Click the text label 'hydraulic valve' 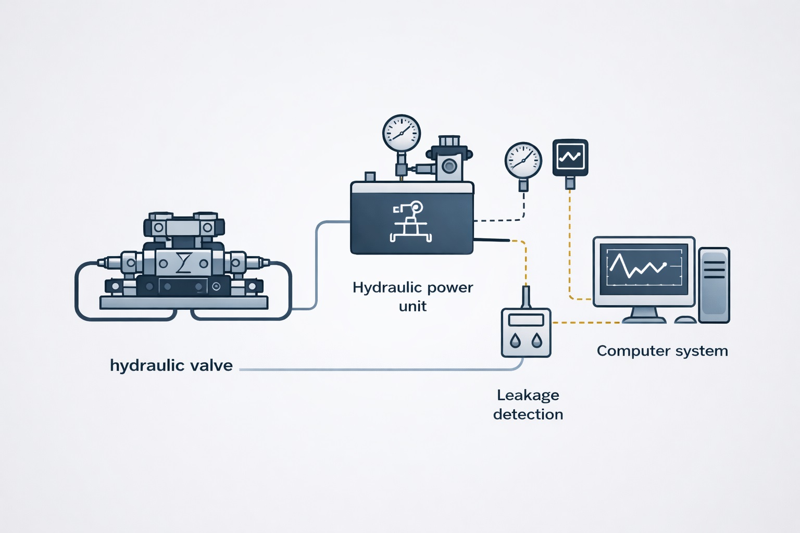[171, 365]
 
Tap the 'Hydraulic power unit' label [413, 296]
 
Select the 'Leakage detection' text [528, 404]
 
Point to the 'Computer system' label [662, 351]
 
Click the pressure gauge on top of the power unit [401, 133]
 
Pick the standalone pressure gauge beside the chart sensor [523, 160]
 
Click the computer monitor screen [644, 269]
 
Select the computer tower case [714, 285]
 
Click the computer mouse [685, 320]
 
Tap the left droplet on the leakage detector [515, 341]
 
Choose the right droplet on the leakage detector [536, 341]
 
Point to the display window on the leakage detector [526, 320]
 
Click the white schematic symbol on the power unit [411, 223]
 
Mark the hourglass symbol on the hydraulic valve [183, 263]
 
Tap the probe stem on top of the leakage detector [526, 297]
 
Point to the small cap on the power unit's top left [370, 176]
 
